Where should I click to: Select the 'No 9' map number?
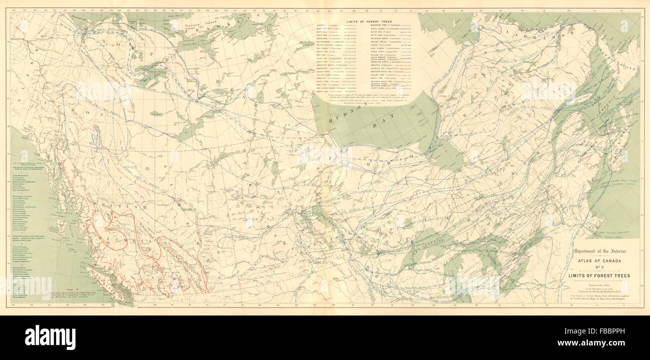coord(599,267)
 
